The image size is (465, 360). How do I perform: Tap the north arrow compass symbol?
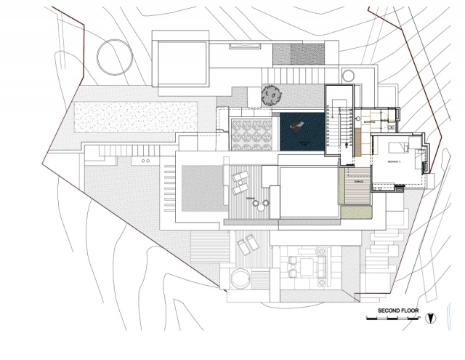tap(432, 316)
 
